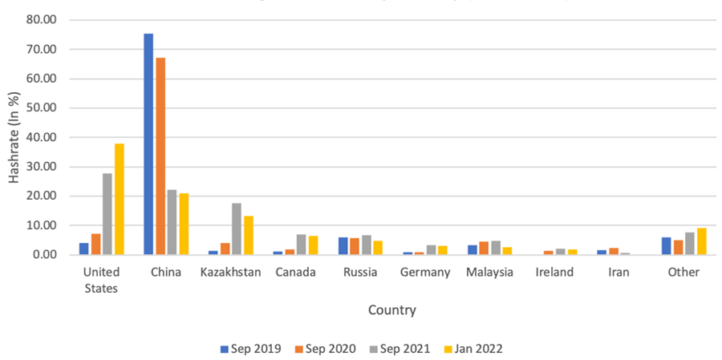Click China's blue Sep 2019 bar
coord(148,144)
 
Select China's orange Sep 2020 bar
coord(160,156)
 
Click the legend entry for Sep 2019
coord(249,348)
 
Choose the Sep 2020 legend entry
coord(324,348)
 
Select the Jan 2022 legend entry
coord(473,348)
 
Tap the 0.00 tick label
coord(46,255)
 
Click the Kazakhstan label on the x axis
coord(231,273)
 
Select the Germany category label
coord(425,273)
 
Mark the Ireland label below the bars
coord(554,273)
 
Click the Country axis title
coord(392,309)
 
